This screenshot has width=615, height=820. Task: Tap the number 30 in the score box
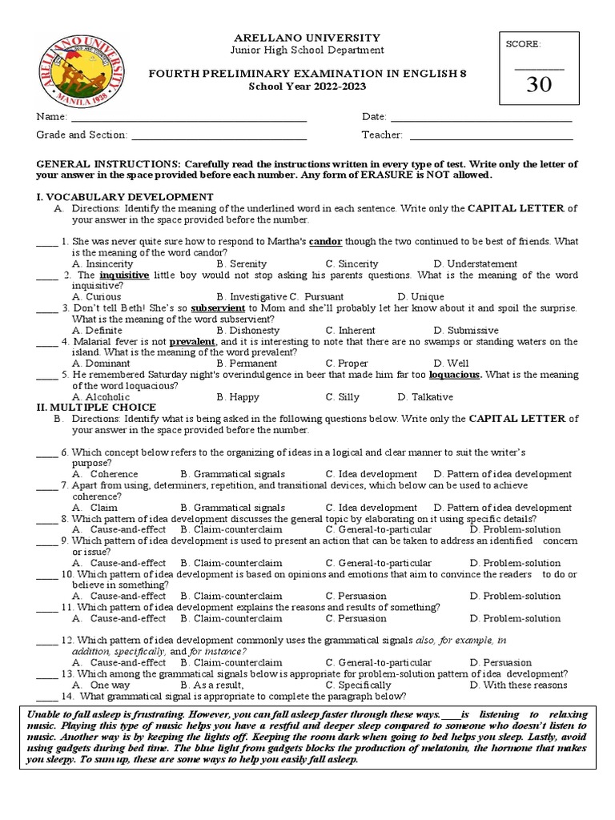(538, 85)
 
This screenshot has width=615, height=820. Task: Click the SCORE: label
(523, 45)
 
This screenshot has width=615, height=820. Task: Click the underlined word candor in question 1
(325, 241)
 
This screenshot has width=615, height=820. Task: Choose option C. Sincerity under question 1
(352, 263)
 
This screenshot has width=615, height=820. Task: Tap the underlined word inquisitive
(124, 275)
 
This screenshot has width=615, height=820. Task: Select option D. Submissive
(466, 330)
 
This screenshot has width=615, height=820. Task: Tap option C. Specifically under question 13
(358, 685)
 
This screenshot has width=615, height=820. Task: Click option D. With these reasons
(518, 685)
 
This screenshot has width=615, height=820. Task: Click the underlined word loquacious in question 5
(455, 374)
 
